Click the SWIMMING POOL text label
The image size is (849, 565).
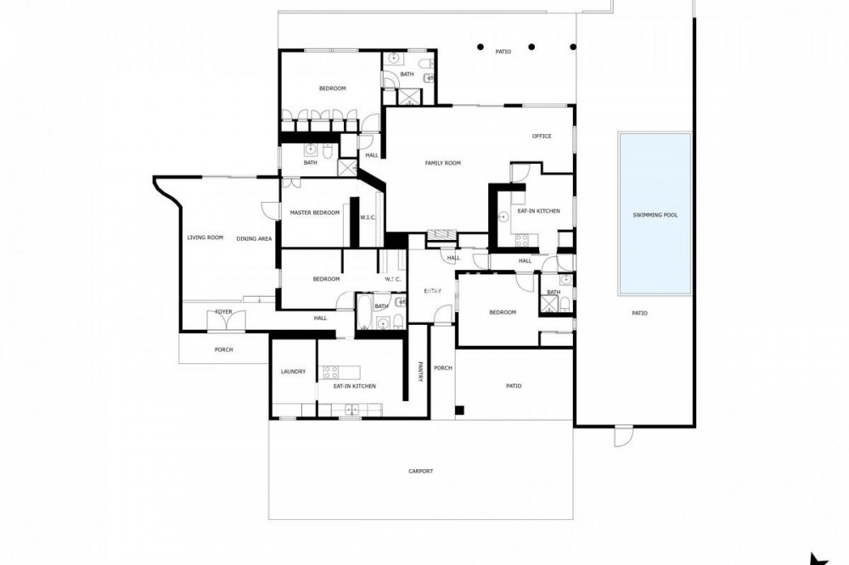pos(655,215)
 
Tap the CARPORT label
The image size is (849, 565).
pos(421,472)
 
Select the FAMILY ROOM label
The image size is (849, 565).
pos(443,163)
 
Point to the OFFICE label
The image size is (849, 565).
pos(542,137)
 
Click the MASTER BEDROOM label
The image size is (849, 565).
pos(315,213)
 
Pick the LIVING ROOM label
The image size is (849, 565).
pos(205,237)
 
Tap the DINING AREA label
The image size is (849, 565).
pos(254,238)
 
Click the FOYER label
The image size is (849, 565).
pos(223,311)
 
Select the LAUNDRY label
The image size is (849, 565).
pos(294,372)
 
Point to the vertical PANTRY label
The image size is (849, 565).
pos(420,372)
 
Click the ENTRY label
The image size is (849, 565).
pos(433,291)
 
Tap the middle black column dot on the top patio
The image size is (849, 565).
pos(531,48)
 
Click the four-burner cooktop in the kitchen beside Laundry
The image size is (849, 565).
pos(331,372)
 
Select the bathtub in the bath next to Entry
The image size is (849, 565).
pos(363,311)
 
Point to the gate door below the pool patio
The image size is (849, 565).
pos(623,436)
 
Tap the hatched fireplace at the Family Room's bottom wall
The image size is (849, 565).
pos(442,235)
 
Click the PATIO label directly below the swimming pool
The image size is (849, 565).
pos(639,313)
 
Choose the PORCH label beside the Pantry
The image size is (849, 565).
pos(443,368)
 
